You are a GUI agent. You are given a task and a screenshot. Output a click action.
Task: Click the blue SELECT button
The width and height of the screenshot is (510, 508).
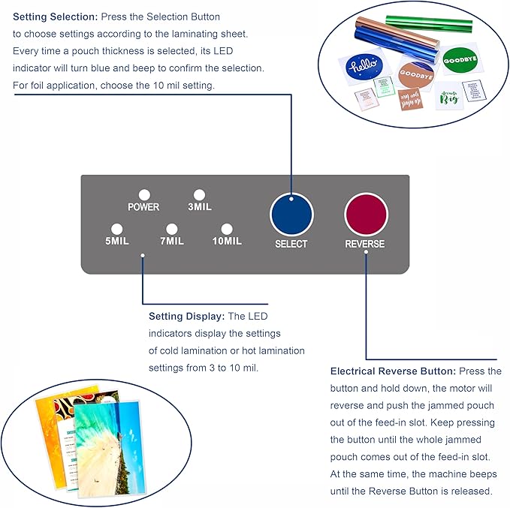coord(291,215)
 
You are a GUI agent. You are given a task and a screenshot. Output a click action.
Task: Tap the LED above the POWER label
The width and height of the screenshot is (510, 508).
coord(143,194)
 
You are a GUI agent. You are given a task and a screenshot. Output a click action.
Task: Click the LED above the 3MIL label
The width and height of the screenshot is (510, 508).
coord(199,194)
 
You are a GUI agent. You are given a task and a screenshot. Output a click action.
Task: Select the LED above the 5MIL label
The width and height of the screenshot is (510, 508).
coord(116,229)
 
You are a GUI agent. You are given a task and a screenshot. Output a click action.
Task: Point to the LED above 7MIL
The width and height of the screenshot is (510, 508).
coord(171,229)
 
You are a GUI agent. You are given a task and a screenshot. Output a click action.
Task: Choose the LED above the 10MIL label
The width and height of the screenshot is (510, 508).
coord(226,229)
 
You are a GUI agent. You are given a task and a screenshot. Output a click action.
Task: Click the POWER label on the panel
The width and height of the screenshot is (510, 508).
coord(143,207)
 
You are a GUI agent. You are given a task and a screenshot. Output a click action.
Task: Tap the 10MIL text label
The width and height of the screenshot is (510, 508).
coord(226,242)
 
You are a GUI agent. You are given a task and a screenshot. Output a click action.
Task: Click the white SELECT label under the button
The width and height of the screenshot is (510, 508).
coord(291,244)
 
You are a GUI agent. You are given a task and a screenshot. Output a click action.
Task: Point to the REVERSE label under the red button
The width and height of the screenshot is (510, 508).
coord(365,244)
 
